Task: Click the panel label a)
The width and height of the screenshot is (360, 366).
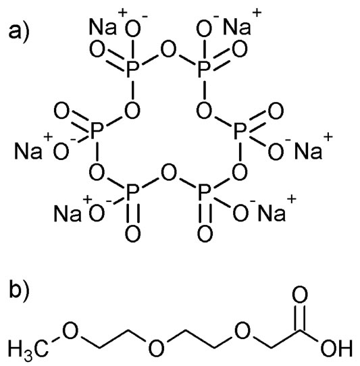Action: coord(19,33)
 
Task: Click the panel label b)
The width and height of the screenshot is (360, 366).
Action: coord(19,290)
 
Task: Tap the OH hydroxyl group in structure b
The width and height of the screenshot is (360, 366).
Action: coord(336,348)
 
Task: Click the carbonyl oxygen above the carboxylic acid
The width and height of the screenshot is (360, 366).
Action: coord(300,295)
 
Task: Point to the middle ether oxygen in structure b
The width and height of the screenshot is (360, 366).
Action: coord(157,348)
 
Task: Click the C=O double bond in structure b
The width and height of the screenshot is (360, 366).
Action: coord(300,317)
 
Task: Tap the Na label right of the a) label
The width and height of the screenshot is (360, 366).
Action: coord(103,27)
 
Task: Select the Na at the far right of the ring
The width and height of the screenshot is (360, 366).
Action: coord(308,151)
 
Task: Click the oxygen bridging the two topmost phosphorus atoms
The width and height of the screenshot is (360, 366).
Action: coord(169,49)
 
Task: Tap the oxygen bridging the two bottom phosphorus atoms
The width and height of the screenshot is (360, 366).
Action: coord(169,173)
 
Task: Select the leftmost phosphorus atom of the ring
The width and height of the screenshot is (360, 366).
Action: coord(97,130)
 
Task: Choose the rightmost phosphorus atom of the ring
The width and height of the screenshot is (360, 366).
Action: coord(240,130)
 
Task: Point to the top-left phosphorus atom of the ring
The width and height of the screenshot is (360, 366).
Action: coord(133,69)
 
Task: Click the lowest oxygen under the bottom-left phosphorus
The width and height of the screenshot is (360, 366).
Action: coord(133,234)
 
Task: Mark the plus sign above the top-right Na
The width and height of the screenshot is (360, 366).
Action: coord(257,13)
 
